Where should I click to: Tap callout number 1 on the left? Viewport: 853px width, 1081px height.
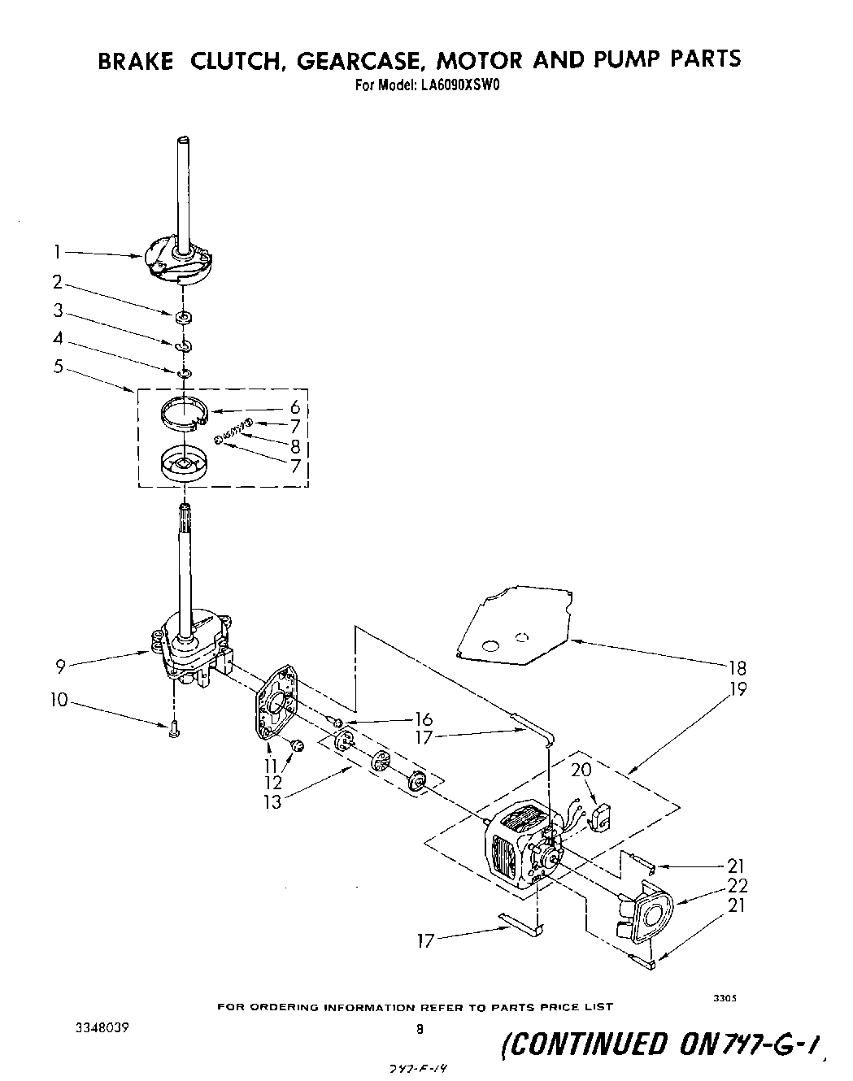[x=57, y=253]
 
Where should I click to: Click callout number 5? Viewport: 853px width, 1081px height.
[x=57, y=366]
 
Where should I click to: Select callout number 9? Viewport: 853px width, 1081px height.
[x=60, y=666]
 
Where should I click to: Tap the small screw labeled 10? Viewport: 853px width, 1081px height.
[x=173, y=732]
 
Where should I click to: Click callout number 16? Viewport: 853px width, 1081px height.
[x=423, y=718]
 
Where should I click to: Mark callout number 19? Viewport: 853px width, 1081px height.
[x=738, y=688]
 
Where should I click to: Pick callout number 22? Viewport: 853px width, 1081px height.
[x=737, y=885]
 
